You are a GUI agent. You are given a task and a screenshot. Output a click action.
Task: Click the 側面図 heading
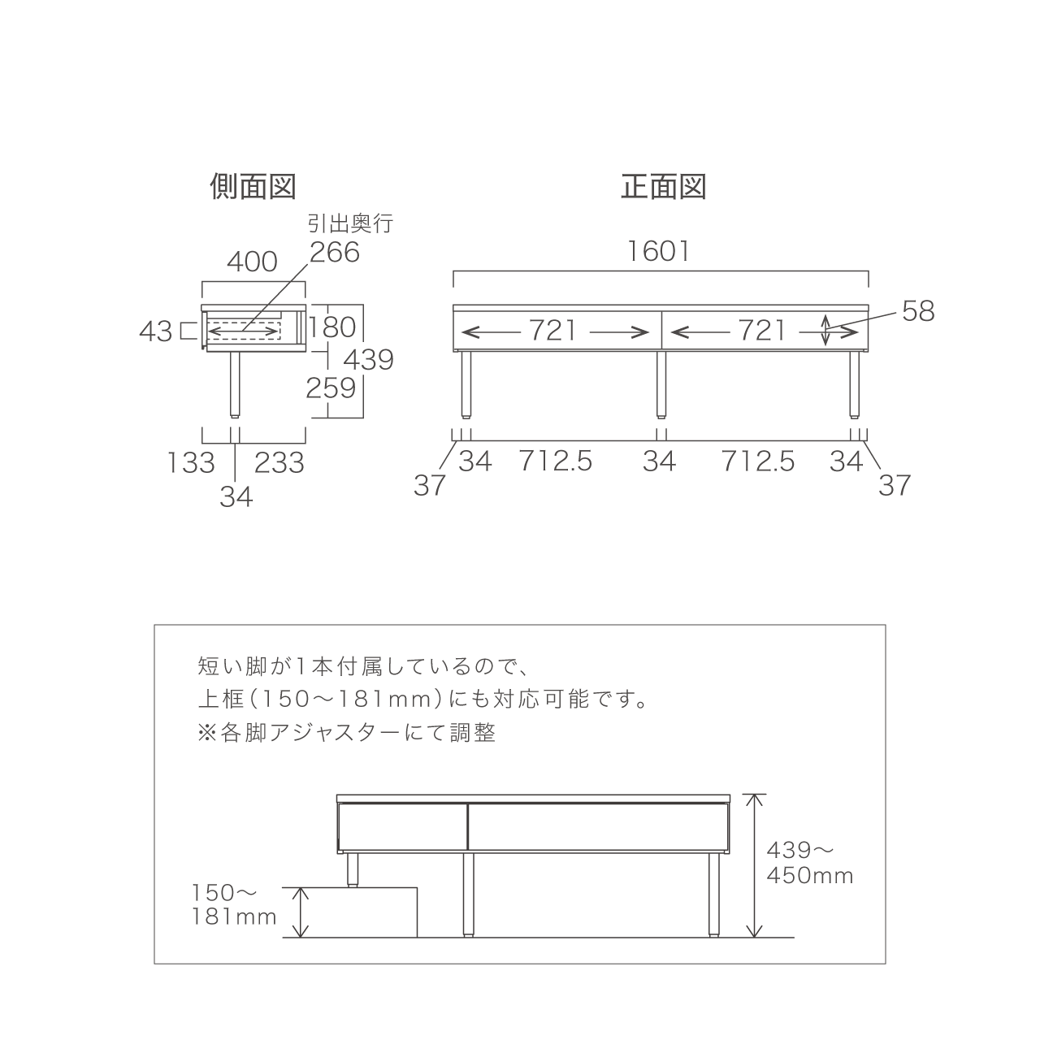pyautogui.click(x=253, y=186)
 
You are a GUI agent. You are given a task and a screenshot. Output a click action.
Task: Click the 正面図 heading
pyautogui.click(x=663, y=186)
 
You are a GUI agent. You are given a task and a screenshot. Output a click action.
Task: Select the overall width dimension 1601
pyautogui.click(x=659, y=252)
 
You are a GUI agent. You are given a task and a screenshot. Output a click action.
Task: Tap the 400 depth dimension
pyautogui.click(x=252, y=262)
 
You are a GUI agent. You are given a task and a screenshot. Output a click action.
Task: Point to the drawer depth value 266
pyautogui.click(x=335, y=252)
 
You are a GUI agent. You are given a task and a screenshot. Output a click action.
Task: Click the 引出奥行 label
pyautogui.click(x=350, y=223)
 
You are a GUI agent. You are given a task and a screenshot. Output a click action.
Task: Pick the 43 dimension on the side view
pyautogui.click(x=156, y=331)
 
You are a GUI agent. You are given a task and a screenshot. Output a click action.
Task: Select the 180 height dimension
pyautogui.click(x=332, y=327)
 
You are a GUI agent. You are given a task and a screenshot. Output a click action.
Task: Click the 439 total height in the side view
pyautogui.click(x=369, y=359)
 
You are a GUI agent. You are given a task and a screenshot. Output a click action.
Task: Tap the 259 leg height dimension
pyautogui.click(x=331, y=388)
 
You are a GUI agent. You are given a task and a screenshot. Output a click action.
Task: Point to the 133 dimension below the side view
pyautogui.click(x=191, y=462)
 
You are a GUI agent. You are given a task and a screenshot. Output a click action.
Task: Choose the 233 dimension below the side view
pyautogui.click(x=279, y=462)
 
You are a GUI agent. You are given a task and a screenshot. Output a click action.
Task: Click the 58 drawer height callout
pyautogui.click(x=919, y=311)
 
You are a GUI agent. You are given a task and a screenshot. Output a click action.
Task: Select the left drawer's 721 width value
pyautogui.click(x=553, y=330)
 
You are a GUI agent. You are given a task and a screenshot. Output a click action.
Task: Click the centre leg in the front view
pyautogui.click(x=661, y=385)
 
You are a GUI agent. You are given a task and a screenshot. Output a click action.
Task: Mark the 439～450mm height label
pyautogui.click(x=809, y=863)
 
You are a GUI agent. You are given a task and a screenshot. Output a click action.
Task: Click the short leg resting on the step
pyautogui.click(x=353, y=870)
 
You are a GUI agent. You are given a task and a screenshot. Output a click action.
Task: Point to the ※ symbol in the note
pyautogui.click(x=206, y=733)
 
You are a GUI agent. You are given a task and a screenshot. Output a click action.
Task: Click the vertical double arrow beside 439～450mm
pyautogui.click(x=755, y=865)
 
